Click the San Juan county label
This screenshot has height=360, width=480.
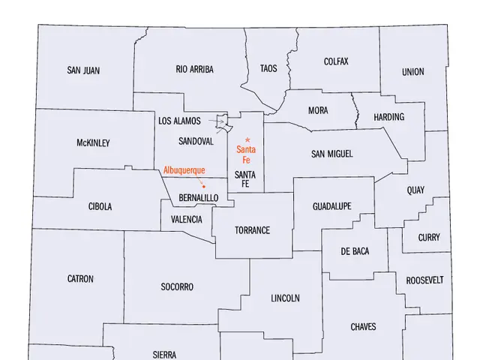[83, 71]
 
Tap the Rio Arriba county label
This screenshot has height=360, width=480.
[194, 69]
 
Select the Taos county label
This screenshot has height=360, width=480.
[268, 69]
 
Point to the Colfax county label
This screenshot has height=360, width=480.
[336, 61]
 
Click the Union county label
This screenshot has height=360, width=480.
[412, 72]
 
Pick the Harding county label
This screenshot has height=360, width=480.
[388, 117]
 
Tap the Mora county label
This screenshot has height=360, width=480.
[318, 111]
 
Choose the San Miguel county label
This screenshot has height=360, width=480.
[331, 154]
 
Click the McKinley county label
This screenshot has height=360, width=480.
[93, 142]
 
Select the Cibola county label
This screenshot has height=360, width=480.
[100, 206]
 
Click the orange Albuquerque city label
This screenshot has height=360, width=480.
[184, 170]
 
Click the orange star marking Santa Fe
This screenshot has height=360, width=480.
[247, 140]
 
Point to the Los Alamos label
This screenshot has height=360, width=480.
[179, 121]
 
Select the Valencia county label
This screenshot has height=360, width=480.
[187, 220]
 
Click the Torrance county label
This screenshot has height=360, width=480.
[252, 230]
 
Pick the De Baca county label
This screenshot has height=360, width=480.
[355, 250]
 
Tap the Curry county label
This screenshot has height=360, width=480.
[429, 238]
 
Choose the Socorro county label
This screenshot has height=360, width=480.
[177, 286]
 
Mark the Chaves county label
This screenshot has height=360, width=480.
[363, 327]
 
